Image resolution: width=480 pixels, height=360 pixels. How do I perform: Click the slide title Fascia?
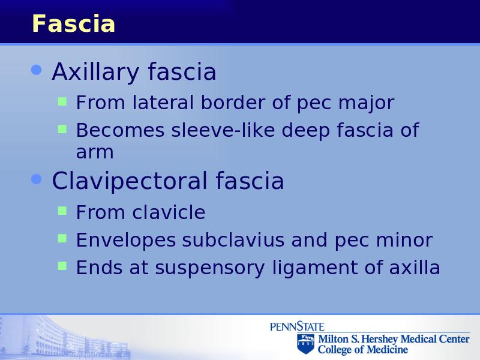coord(73,23)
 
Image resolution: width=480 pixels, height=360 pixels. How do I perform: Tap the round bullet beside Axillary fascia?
coord(37,70)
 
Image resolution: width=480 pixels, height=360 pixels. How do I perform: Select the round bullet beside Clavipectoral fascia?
coord(37,179)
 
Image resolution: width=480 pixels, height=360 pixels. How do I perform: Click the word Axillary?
coord(96,72)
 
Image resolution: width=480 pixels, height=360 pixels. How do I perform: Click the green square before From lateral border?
coord(62,101)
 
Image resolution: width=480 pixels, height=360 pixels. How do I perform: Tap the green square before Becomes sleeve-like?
coord(62,129)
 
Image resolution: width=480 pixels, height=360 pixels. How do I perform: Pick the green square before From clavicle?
coord(62,211)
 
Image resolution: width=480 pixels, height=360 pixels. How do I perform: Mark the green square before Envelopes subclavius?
coord(62,238)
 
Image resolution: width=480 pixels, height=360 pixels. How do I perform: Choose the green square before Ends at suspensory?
coord(62,266)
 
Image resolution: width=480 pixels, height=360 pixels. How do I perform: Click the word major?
coord(366,103)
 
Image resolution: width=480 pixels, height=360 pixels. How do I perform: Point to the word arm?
coord(95,152)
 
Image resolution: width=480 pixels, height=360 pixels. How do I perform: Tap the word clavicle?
coord(169,212)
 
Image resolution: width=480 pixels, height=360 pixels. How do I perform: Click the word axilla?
coord(415,267)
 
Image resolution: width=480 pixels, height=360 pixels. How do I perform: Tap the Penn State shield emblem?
coord(305,344)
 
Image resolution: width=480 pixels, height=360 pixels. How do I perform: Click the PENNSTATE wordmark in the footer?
coord(297,326)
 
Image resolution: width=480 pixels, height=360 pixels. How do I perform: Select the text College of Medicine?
coord(363,349)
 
